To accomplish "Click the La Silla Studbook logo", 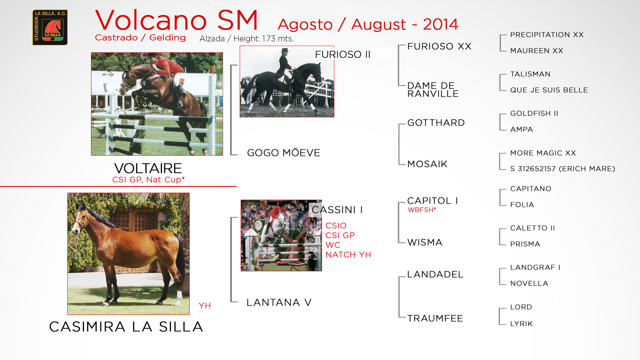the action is click(x=50, y=27).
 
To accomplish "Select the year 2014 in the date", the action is click(x=440, y=24).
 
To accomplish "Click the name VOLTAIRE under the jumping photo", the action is click(x=148, y=168).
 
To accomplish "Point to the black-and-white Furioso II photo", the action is click(x=287, y=81).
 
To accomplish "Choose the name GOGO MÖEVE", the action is click(x=284, y=153).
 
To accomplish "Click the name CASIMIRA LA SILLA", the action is click(x=126, y=327).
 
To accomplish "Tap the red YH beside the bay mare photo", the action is click(x=205, y=306).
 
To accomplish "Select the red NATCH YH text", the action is click(x=348, y=255).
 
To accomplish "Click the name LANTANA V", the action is click(x=279, y=302).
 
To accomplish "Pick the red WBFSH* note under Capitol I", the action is click(x=422, y=210).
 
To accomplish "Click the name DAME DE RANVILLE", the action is click(x=433, y=90).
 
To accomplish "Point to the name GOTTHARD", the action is click(x=436, y=123).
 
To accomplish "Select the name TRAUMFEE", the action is click(x=435, y=318).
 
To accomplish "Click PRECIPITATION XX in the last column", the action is click(x=547, y=35).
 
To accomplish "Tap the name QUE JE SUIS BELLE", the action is click(x=549, y=90).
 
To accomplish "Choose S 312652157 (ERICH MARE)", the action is click(x=563, y=169).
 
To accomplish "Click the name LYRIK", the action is click(x=521, y=324).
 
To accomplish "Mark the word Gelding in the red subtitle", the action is click(x=167, y=38).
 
